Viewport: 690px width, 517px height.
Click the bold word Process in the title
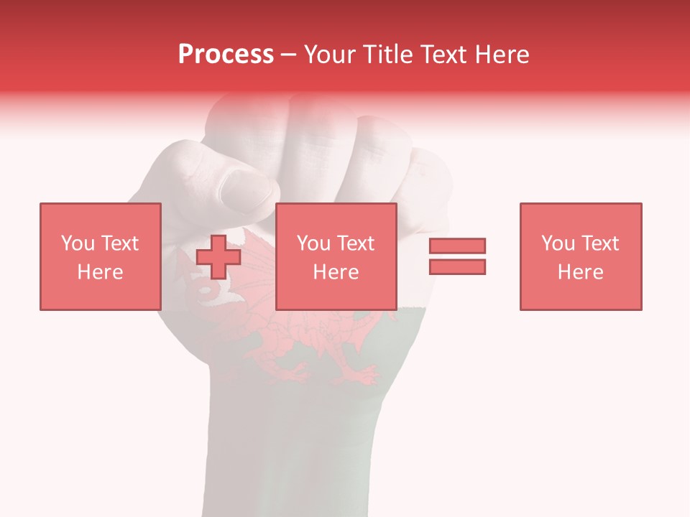(x=226, y=55)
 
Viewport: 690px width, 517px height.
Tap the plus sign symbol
(x=218, y=256)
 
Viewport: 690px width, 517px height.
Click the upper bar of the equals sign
(x=457, y=246)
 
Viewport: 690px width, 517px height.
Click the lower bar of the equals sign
(x=457, y=266)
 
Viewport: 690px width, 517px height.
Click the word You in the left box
(x=78, y=243)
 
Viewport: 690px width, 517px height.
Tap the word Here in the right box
(x=580, y=272)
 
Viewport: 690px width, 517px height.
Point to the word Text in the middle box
(x=357, y=243)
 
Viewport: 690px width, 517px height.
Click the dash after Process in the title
(x=289, y=55)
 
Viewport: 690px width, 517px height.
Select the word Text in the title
(x=441, y=55)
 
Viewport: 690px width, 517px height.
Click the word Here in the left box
(x=100, y=272)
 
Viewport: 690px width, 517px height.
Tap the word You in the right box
(x=558, y=243)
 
